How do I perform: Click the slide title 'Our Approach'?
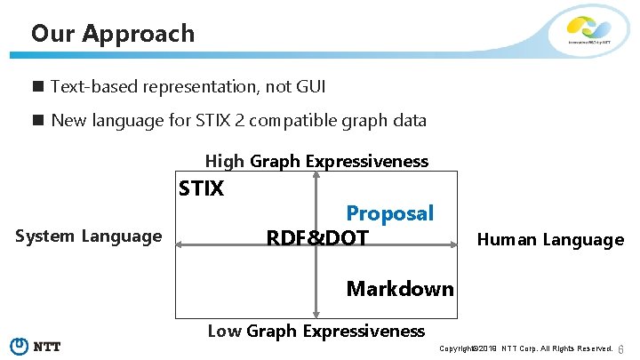112,34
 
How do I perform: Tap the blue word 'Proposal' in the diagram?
389,213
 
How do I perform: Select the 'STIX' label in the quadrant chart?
202,188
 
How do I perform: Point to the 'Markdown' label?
400,288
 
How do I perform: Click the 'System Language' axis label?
89,236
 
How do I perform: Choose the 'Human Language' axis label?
550,239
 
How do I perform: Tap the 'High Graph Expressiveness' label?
316,161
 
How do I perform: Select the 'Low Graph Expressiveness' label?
316,332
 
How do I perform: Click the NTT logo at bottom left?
35,346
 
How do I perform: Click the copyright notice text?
526,348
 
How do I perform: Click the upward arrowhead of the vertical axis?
316,175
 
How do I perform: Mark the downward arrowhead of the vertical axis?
316,314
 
